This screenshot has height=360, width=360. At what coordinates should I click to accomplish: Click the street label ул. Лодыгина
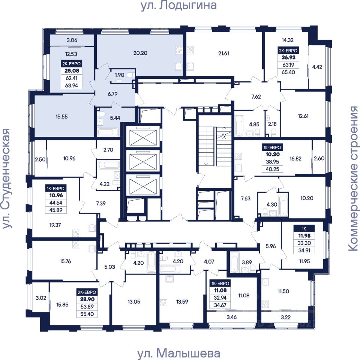[x=179, y=6]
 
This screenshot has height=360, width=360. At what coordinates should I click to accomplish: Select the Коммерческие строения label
[x=353, y=178]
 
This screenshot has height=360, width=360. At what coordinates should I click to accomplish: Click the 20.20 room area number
[x=140, y=53]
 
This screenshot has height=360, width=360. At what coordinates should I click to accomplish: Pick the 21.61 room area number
[x=223, y=53]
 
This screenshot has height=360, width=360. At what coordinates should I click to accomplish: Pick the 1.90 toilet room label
[x=119, y=75]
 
